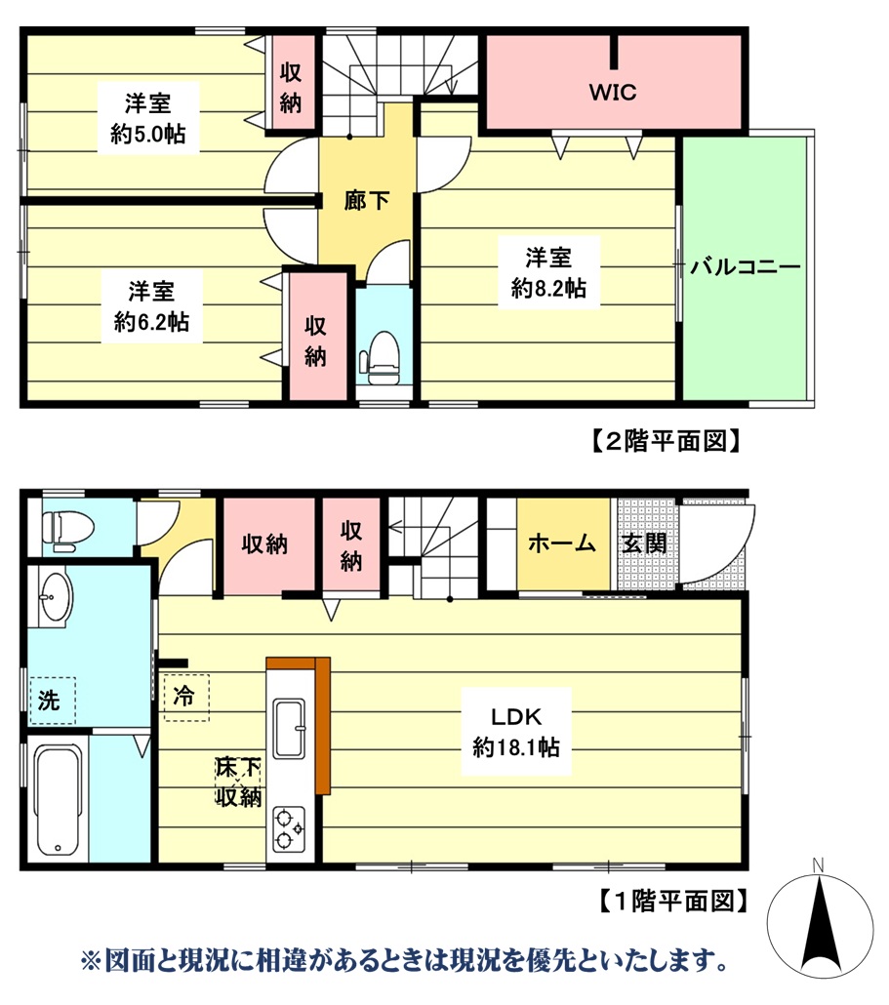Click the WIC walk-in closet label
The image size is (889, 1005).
point(612,93)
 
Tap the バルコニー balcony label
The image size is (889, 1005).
point(746,266)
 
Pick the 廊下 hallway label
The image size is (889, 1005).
point(367,200)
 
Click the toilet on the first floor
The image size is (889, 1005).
point(68,527)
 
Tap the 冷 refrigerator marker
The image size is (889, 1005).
point(184,697)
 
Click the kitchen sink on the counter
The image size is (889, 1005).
point(289,728)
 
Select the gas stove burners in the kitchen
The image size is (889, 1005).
point(289,827)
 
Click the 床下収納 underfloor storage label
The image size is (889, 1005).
point(238,783)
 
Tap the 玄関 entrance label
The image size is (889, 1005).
point(644,543)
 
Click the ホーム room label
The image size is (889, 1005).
point(561,543)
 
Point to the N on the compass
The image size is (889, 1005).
point(819,864)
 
